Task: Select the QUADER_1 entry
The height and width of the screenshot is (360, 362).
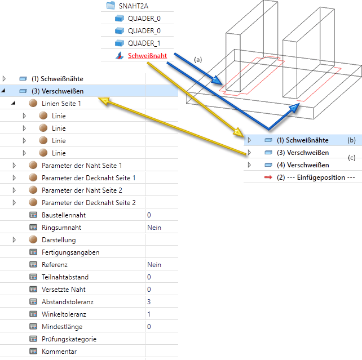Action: (144, 43)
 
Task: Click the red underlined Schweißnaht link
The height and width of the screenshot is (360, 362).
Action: (147, 56)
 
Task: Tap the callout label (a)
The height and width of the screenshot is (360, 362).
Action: (197, 59)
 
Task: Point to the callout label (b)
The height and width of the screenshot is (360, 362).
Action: (352, 140)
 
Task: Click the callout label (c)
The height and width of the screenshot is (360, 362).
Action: (352, 158)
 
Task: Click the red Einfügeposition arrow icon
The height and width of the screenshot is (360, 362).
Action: (268, 177)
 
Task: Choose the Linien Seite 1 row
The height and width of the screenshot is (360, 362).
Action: (61, 103)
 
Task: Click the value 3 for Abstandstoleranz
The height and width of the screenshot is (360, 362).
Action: (149, 301)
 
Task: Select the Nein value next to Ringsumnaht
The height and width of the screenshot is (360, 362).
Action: (154, 227)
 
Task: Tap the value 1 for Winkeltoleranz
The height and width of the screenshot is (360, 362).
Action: (149, 314)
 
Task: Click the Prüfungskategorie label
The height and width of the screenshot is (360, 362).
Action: (69, 339)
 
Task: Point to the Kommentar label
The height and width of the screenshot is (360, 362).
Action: (59, 351)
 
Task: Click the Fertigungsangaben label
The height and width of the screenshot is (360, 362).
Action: (70, 252)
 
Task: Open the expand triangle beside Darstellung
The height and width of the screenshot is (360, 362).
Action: (14, 239)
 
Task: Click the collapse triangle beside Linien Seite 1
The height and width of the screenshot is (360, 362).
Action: (14, 103)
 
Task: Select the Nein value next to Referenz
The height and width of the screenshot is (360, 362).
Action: (154, 264)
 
